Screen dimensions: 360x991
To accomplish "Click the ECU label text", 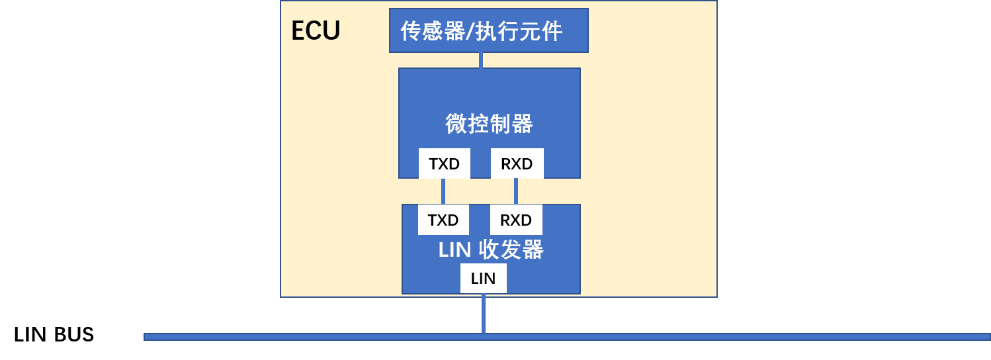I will tap(316, 31).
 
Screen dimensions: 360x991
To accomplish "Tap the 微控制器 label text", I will tap(489, 124).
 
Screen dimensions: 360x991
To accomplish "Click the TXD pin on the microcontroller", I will tap(444, 163).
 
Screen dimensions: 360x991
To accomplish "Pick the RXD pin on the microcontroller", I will tap(517, 163).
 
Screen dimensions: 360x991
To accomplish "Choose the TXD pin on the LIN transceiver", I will tap(443, 220).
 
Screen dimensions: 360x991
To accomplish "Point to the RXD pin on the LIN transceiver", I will tap(516, 220).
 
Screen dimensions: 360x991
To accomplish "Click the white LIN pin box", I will tap(483, 279).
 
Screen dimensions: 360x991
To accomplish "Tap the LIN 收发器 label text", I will tap(491, 250).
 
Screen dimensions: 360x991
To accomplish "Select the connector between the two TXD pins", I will tap(443, 191).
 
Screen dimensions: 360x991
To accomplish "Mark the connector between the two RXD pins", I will tap(516, 191).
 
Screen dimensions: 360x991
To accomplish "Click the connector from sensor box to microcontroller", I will tap(481, 60).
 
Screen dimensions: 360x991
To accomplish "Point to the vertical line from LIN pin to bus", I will tap(484, 314).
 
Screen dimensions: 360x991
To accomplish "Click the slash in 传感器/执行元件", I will tap(471, 31).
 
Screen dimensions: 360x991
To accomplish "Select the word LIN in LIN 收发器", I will tap(454, 250).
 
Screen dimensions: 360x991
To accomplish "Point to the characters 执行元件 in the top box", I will tap(519, 31).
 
